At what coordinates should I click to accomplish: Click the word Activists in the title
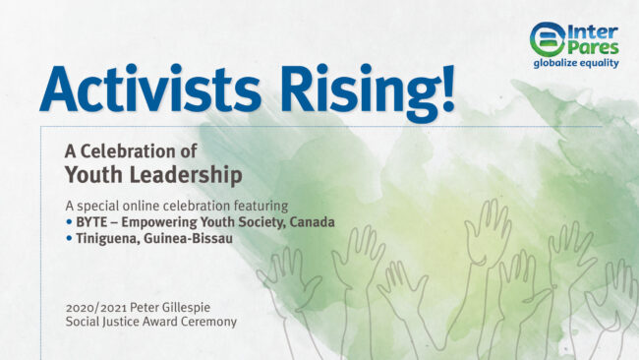pyautogui.click(x=150, y=89)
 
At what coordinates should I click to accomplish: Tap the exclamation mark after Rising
pyautogui.click(x=448, y=89)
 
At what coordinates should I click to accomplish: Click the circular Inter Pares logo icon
pyautogui.click(x=549, y=39)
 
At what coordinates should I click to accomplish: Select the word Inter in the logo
pyautogui.click(x=593, y=32)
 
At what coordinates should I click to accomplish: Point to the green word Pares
pyautogui.click(x=594, y=48)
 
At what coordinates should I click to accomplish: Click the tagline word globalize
pyautogui.click(x=553, y=63)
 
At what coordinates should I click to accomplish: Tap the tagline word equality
pyautogui.click(x=599, y=64)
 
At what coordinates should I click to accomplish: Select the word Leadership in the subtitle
pyautogui.click(x=186, y=174)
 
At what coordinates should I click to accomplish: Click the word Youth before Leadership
pyautogui.click(x=94, y=174)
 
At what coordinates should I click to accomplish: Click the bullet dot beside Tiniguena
pyautogui.click(x=69, y=238)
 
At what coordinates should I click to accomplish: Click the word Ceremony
pyautogui.click(x=208, y=322)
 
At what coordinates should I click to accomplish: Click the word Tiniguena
pyautogui.click(x=108, y=238)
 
